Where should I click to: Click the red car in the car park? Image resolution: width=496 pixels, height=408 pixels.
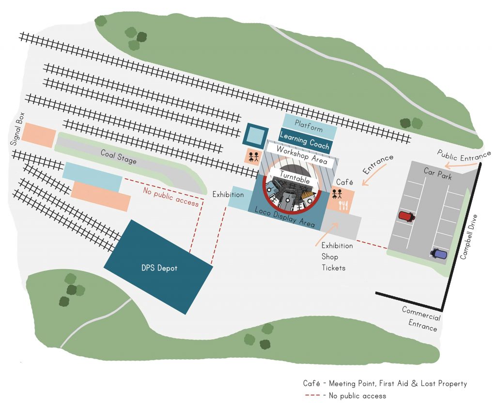coord(406,216)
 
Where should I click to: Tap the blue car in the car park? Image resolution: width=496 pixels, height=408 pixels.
coord(439,254)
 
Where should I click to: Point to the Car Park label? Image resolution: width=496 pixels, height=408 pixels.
coord(437,174)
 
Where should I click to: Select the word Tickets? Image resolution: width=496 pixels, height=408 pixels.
coord(334,268)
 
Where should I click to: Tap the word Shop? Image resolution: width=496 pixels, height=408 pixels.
coord(330,257)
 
